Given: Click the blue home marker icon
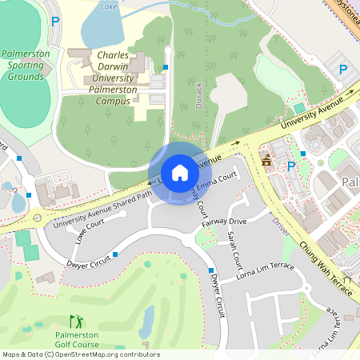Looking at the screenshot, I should (180, 173).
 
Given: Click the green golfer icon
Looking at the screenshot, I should (76, 320).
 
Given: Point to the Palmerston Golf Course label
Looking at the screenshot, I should (77, 339).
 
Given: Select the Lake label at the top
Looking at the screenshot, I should (109, 6).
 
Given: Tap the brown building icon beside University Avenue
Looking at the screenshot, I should (266, 163).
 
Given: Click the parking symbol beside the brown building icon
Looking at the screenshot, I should (291, 166).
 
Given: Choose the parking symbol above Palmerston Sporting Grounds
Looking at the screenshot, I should (54, 22).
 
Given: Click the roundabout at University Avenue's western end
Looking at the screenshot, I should (37, 218).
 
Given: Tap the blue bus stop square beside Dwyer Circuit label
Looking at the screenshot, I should (116, 254).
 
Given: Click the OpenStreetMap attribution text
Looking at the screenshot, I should (81, 354).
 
